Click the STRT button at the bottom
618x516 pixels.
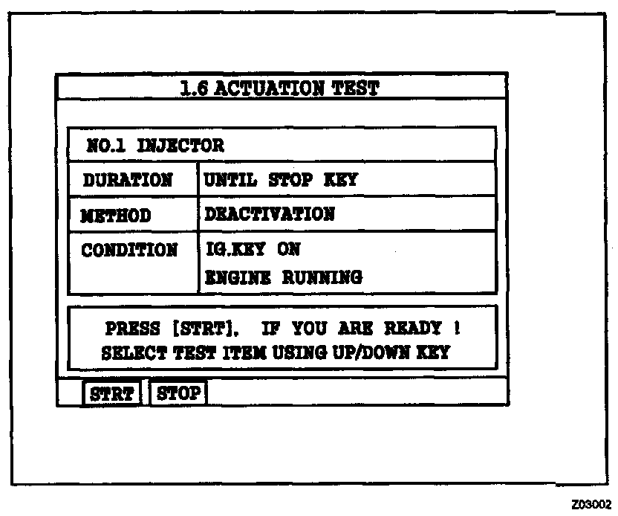111,393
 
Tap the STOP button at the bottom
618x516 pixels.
178,393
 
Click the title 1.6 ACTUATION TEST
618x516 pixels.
280,88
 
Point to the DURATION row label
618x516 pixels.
127,180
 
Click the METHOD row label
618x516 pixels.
116,216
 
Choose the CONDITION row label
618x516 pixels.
129,250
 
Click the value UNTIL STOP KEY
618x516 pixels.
281,180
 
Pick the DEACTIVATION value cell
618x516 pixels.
270,215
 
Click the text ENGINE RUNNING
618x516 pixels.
283,278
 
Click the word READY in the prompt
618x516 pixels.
412,328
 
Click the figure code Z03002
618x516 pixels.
591,504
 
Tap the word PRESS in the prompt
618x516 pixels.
132,329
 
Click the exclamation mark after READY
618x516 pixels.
456,328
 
